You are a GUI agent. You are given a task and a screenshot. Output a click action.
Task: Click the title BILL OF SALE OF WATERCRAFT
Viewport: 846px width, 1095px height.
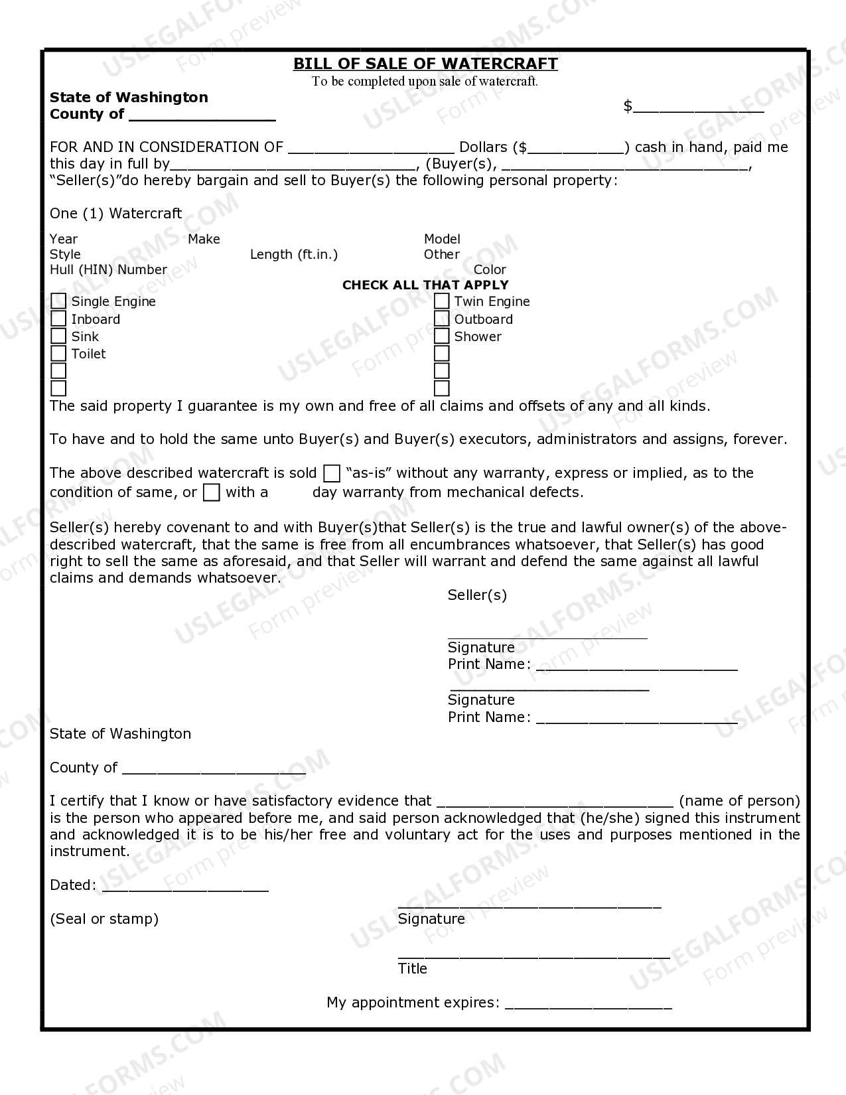425,64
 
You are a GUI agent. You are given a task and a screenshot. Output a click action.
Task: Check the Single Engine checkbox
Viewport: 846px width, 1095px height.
58,301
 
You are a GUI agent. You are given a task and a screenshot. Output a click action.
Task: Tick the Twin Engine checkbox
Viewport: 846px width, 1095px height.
442,301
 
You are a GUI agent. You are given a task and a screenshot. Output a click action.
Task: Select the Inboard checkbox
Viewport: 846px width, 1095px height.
58,319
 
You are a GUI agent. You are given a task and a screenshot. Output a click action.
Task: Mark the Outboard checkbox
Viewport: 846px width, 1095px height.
442,319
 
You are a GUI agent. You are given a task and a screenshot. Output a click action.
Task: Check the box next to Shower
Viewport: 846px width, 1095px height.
442,336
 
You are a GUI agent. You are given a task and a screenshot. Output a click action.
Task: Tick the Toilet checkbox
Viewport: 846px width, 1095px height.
58,354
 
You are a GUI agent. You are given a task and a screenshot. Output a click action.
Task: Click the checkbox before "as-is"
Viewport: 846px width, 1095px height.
332,473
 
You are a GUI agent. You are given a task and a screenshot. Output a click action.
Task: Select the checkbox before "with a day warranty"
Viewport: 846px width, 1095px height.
211,492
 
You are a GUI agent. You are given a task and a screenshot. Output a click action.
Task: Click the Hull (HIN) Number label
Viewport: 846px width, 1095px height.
108,269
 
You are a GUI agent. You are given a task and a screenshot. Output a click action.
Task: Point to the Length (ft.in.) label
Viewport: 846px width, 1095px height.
294,254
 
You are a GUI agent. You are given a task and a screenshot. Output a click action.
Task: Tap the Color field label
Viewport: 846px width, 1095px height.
490,269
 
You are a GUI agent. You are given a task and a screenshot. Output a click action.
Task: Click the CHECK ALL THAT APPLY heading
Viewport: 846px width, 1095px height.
425,285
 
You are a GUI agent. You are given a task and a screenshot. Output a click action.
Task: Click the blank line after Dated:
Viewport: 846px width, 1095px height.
185,887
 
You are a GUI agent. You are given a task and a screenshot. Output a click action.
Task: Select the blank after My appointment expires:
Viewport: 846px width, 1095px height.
588,1003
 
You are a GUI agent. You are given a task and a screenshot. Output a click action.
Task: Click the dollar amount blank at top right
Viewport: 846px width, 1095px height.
698,108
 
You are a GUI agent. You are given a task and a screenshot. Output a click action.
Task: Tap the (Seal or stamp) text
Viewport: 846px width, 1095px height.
104,919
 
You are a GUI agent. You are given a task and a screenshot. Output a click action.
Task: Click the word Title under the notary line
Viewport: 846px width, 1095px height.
413,969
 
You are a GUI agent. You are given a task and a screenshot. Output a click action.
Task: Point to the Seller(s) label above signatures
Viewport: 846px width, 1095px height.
477,595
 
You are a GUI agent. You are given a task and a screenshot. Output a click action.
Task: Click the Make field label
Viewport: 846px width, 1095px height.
204,239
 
